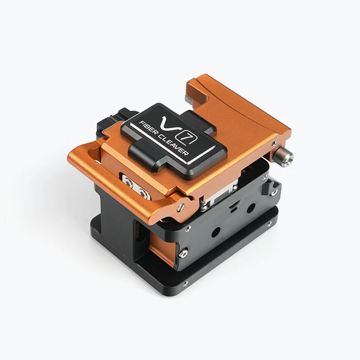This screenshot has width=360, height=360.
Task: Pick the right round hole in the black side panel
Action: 251,208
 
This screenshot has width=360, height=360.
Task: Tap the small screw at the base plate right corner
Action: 270,223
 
